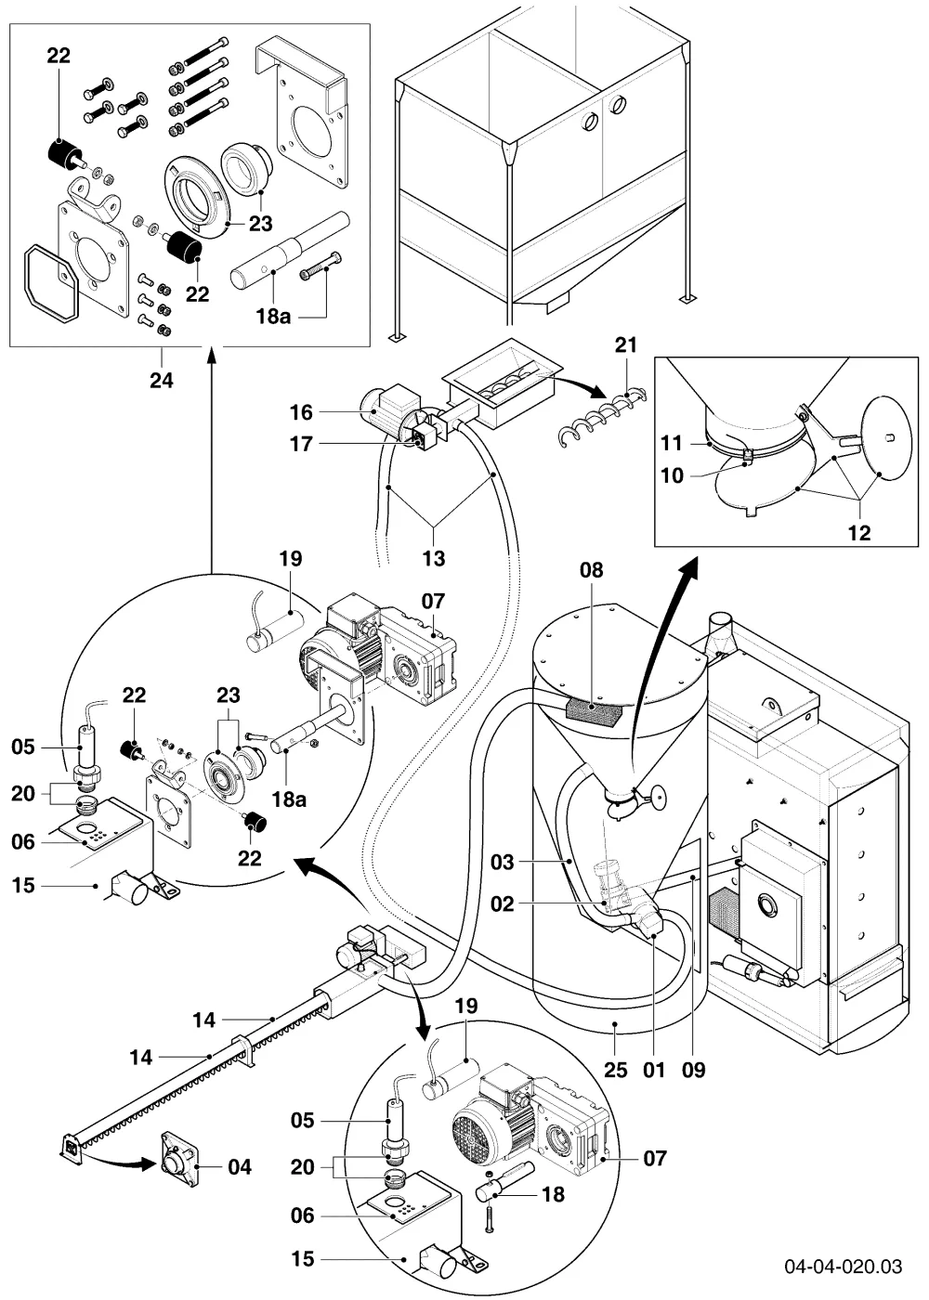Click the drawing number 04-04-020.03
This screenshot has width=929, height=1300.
(x=844, y=1266)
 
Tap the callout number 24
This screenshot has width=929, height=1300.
(x=162, y=381)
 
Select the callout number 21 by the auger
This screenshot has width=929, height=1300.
(x=626, y=344)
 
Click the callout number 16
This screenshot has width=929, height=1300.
(x=301, y=412)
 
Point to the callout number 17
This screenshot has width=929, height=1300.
(x=301, y=445)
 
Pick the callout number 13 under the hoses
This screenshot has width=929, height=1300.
(x=434, y=558)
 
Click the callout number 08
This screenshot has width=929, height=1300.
(x=592, y=570)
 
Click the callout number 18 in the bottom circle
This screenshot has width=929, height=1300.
(x=554, y=1194)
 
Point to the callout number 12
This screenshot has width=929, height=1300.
(x=860, y=533)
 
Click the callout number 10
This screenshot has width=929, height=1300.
(x=673, y=475)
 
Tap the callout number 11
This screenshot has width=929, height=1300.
(x=672, y=444)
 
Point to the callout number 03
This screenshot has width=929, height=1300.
(x=503, y=862)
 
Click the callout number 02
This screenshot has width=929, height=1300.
(x=503, y=903)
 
